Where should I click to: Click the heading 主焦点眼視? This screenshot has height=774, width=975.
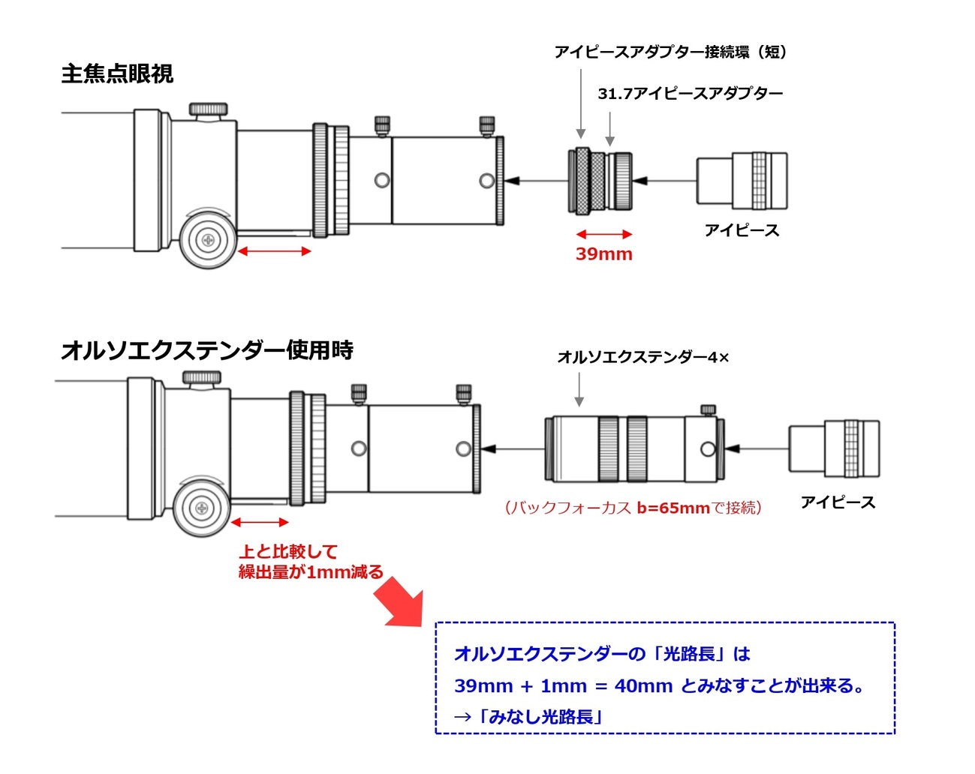[x=117, y=74]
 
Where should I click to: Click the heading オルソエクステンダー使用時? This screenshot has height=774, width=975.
[x=207, y=350]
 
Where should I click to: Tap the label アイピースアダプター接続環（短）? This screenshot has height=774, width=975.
[x=670, y=52]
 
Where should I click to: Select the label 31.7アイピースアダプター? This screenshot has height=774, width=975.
[x=690, y=94]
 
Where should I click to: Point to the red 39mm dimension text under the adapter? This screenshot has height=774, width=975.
[x=604, y=254]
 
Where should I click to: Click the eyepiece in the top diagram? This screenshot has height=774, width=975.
[x=742, y=181]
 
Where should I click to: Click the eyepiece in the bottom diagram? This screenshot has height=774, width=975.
[x=834, y=448]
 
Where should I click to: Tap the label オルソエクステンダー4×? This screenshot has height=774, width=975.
[x=642, y=358]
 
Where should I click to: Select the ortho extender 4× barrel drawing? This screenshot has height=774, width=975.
[x=634, y=448]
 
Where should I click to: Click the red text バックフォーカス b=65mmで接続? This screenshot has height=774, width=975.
[x=633, y=508]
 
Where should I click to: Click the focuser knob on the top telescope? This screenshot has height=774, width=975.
[x=207, y=240]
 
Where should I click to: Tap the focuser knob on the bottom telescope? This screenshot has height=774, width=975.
[x=201, y=508]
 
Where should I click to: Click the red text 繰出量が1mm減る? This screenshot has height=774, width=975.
[x=311, y=572]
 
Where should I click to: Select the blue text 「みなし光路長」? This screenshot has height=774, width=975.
[x=540, y=717]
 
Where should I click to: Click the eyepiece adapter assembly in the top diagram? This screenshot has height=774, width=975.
[x=600, y=181]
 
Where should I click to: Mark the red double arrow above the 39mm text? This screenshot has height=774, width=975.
[x=604, y=235]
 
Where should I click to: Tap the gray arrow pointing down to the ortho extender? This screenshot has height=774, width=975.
[x=579, y=391]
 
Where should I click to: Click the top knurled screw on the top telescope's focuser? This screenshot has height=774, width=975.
[x=208, y=109]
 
